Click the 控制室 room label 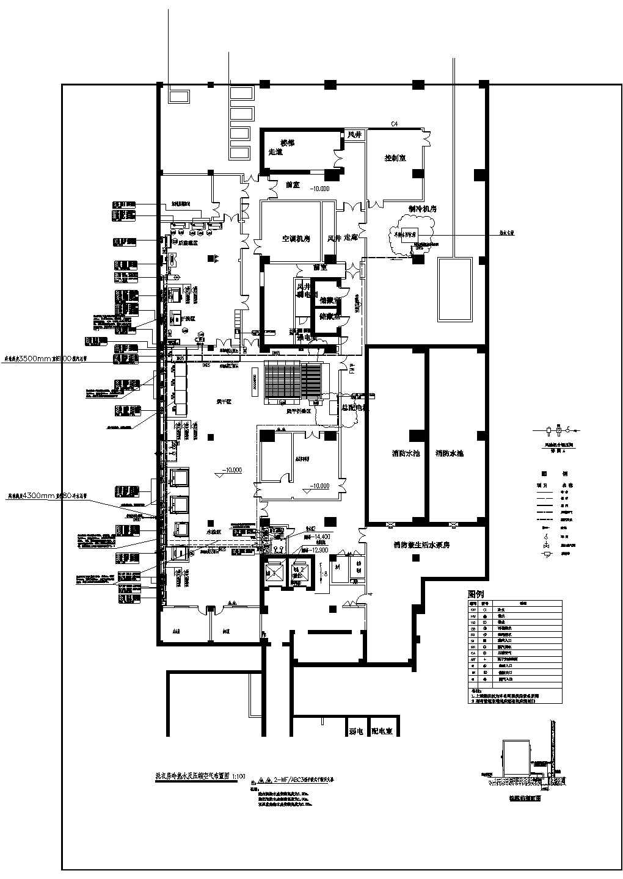(x=395, y=157)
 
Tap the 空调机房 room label (x=296, y=239)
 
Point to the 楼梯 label (x=287, y=143)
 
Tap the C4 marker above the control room (x=395, y=124)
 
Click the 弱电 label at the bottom (x=356, y=731)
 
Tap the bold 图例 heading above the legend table (x=476, y=593)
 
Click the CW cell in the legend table (x=473, y=609)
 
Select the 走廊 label (x=351, y=237)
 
